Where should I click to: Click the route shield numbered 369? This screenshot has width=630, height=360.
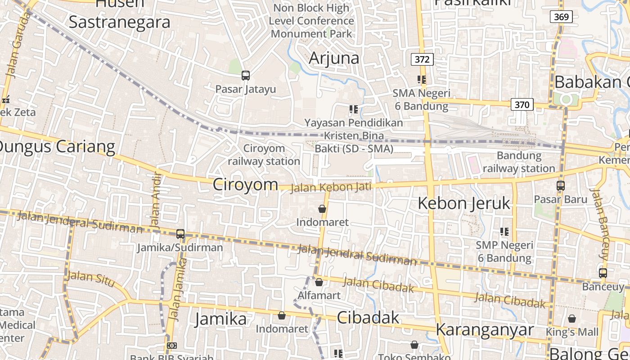pyautogui.click(x=561, y=17)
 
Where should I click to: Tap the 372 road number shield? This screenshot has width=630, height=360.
pyautogui.click(x=422, y=59)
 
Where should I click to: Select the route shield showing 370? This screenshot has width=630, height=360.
pyautogui.click(x=522, y=105)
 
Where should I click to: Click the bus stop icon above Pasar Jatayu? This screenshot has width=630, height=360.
pyautogui.click(x=245, y=76)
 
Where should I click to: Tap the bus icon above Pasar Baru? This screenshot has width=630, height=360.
pyautogui.click(x=560, y=185)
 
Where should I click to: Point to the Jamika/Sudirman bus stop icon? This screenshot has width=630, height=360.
pyautogui.click(x=180, y=234)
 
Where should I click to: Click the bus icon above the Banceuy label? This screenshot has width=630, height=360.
pyautogui.click(x=603, y=273)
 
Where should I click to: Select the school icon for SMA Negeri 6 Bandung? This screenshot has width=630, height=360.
pyautogui.click(x=422, y=80)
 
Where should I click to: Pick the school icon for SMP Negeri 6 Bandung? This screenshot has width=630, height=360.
pyautogui.click(x=504, y=232)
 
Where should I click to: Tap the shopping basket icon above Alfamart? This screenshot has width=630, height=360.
pyautogui.click(x=319, y=282)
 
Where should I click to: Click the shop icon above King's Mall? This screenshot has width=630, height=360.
pyautogui.click(x=572, y=319)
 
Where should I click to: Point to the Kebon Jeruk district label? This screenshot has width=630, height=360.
pyautogui.click(x=464, y=203)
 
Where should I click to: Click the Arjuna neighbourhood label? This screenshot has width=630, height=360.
pyautogui.click(x=334, y=58)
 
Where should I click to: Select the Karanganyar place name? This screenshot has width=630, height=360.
pyautogui.click(x=484, y=329)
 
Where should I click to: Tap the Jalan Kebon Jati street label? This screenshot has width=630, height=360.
pyautogui.click(x=331, y=187)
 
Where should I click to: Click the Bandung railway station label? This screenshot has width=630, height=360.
pyautogui.click(x=519, y=162)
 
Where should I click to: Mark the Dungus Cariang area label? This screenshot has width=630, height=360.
pyautogui.click(x=57, y=147)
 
